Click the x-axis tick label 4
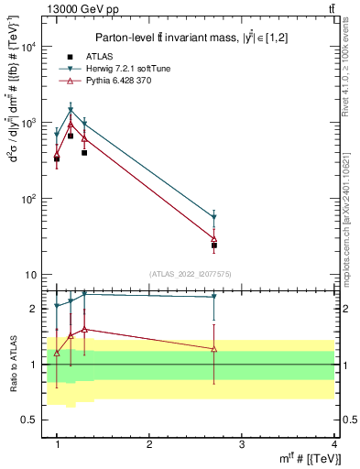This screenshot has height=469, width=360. (333, 444)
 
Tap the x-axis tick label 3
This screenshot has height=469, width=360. (241, 444)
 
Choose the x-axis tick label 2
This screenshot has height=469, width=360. (149, 444)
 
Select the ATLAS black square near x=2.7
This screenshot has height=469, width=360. (214, 245)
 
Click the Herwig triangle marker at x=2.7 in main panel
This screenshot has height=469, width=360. (214, 218)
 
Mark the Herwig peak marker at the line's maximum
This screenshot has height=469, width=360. (71, 110)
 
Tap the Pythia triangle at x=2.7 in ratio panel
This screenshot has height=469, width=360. (214, 349)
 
